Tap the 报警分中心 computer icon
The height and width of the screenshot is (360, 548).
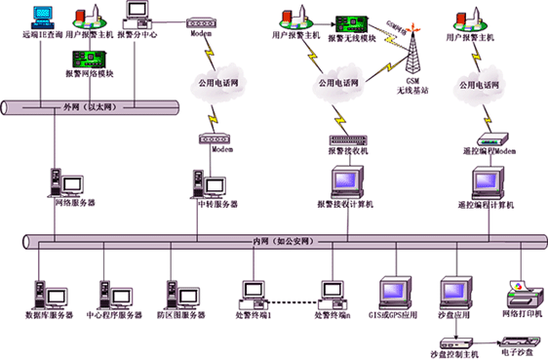click(137, 15)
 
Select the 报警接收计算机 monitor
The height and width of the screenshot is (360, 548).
click(346, 181)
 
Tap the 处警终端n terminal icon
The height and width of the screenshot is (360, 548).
click(332, 292)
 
